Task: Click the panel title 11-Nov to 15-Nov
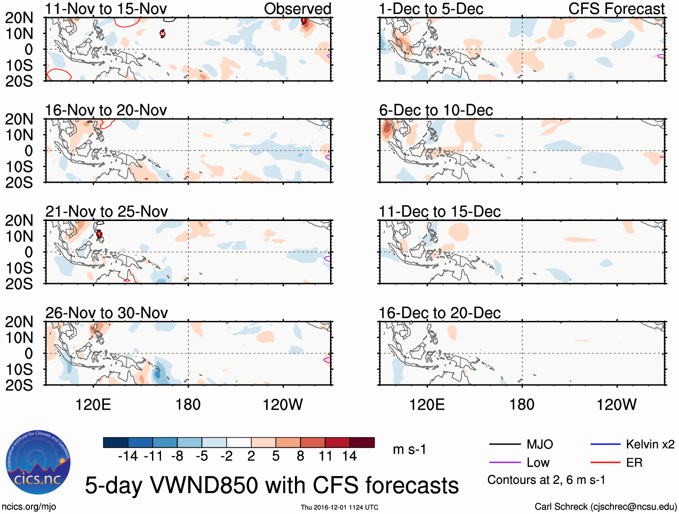tap(106, 9)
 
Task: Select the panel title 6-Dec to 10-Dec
tap(436, 110)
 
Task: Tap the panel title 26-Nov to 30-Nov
tap(107, 313)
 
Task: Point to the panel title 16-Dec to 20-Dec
tap(439, 313)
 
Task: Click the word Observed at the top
tap(297, 9)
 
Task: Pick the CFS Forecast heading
tap(616, 9)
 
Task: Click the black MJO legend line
tap(505, 445)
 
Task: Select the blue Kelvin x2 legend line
tap(605, 445)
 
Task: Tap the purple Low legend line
tap(505, 463)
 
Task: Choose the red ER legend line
tap(605, 463)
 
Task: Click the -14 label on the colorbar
tap(128, 456)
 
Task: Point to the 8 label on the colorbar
tap(300, 456)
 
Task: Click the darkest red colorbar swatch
tap(362, 442)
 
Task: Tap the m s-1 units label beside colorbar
tap(409, 450)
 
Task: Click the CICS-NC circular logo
tap(38, 463)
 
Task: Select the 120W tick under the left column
tap(282, 405)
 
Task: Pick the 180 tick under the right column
tap(522, 405)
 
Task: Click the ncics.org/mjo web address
tap(29, 507)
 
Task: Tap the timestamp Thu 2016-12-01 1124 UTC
tap(339, 507)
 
